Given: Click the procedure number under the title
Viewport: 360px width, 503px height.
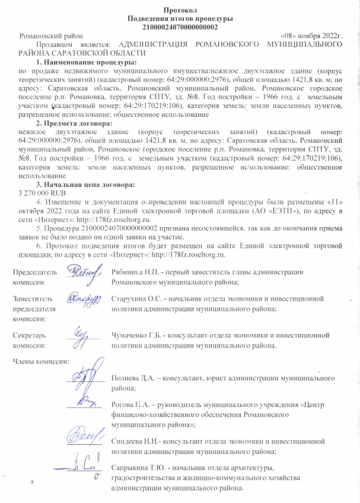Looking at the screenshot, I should coord(180,27).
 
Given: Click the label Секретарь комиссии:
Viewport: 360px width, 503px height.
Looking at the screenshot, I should coord(30,340).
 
